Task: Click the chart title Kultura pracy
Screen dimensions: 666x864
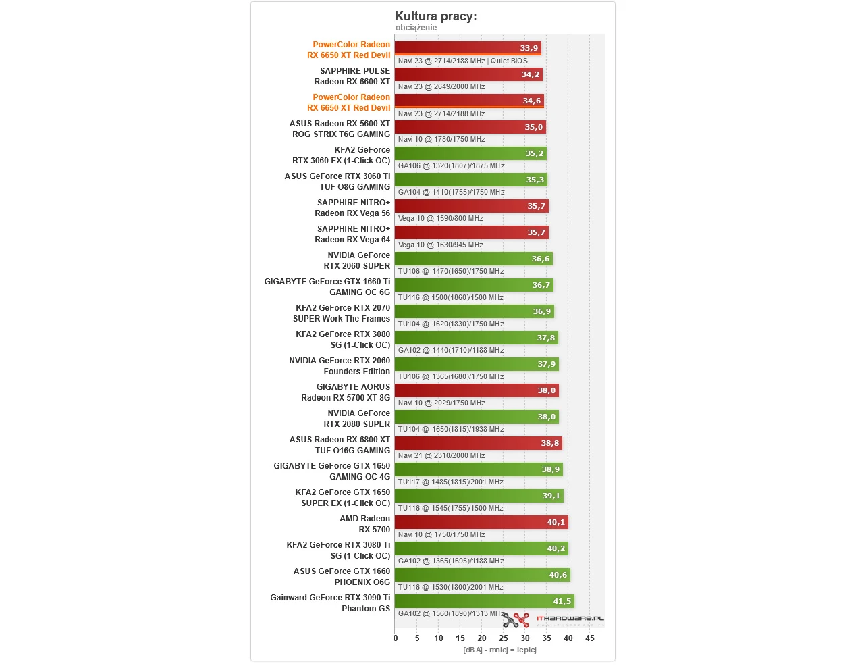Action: [435, 16]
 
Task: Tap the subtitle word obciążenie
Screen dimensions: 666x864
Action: [416, 28]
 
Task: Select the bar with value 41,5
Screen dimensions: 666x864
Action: [484, 601]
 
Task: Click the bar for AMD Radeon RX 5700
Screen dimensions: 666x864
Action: [481, 522]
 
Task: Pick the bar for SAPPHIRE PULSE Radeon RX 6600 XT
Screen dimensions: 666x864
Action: [468, 74]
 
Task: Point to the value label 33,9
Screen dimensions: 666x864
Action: [529, 48]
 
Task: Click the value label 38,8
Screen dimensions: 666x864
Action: [549, 443]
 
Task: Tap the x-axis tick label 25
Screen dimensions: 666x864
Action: [504, 638]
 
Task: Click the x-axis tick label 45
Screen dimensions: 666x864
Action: [590, 638]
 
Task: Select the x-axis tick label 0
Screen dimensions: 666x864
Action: [396, 638]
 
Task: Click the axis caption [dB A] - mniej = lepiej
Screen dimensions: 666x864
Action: [500, 650]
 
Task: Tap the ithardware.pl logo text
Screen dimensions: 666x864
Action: [570, 618]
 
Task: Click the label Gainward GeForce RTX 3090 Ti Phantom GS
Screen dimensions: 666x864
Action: [330, 603]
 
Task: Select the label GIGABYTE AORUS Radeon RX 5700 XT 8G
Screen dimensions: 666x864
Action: [346, 392]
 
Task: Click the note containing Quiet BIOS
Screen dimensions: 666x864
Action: [462, 61]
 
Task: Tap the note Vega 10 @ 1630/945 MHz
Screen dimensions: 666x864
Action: [440, 245]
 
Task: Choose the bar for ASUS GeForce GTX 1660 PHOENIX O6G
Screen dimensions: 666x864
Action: [482, 575]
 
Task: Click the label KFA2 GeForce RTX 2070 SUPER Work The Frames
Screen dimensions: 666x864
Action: [342, 313]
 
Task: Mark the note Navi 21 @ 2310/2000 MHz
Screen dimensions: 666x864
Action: [441, 455]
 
